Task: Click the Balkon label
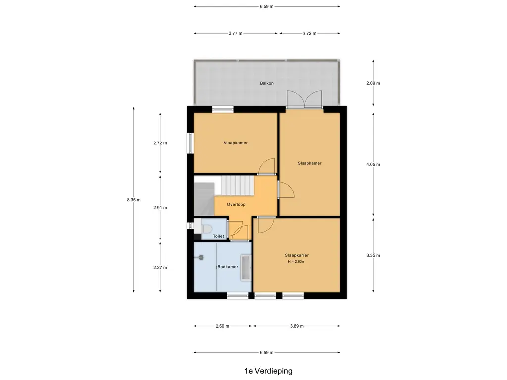coord(267,83)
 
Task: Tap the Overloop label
coord(236,204)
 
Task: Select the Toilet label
coord(218,236)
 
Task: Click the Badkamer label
coord(228,267)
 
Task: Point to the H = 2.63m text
coord(296,261)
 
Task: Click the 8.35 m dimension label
coord(134,200)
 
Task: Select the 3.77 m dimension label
coord(235,33)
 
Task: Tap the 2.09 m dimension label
coord(373,83)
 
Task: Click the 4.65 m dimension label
coord(373,164)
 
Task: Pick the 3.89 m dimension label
coord(297,326)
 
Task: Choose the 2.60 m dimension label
coord(222,326)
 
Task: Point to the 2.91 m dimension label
coord(160,208)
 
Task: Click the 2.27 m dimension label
coord(160,268)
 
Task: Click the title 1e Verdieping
coord(268,371)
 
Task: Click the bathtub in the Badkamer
coord(246,268)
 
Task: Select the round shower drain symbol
coord(201,257)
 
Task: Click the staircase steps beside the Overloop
coord(234,186)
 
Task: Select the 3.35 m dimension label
coord(373,255)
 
